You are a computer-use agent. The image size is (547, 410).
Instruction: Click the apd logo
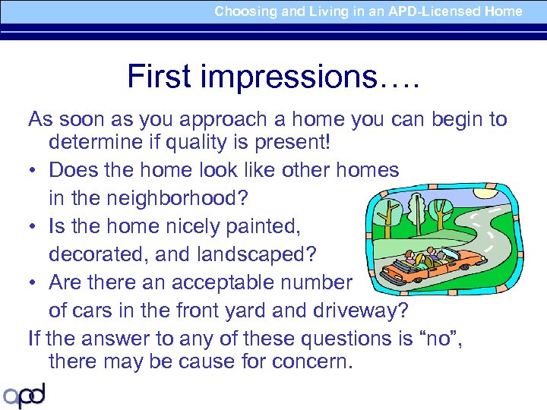[24, 395]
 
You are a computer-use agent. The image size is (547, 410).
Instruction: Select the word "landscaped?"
[256, 254]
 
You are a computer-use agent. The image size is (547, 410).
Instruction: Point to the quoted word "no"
[439, 339]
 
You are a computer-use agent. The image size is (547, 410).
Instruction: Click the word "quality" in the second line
[210, 142]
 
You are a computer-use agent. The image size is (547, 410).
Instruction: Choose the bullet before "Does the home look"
[33, 170]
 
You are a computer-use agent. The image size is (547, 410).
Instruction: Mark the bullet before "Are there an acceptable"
[33, 282]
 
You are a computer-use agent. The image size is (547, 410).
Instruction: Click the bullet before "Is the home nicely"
[33, 226]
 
